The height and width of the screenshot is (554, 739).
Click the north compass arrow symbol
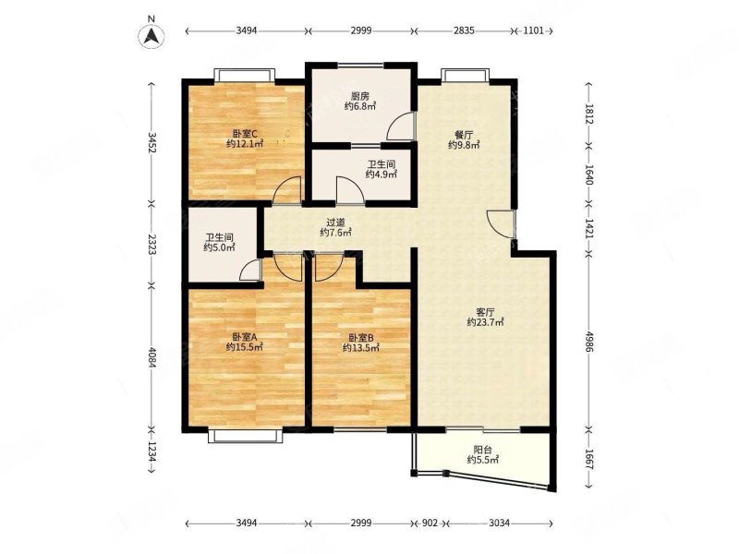click(x=151, y=36)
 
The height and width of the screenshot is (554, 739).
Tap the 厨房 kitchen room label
click(x=360, y=97)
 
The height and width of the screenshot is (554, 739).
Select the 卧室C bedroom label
click(x=244, y=134)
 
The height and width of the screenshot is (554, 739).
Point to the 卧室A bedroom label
click(x=244, y=337)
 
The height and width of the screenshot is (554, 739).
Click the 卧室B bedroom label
click(x=361, y=338)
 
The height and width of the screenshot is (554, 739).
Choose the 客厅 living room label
click(x=486, y=312)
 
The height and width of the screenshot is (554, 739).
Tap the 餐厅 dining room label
click(x=464, y=135)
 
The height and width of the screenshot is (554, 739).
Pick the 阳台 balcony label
click(x=482, y=450)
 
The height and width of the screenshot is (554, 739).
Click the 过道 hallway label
click(x=335, y=223)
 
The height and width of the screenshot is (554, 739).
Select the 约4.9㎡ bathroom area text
click(x=382, y=175)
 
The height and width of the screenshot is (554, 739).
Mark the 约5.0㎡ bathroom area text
click(x=220, y=247)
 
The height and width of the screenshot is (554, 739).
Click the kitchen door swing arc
click(x=400, y=126)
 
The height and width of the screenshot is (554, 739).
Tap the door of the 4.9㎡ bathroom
click(x=350, y=190)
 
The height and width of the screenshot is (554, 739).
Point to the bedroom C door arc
click(x=287, y=190)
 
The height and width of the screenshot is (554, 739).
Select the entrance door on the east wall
click(x=501, y=223)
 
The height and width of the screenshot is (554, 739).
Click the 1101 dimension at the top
click(x=533, y=31)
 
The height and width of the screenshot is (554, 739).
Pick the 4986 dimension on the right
click(x=589, y=341)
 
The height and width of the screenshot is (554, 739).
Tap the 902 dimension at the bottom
click(x=430, y=523)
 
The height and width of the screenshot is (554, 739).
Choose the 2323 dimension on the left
click(x=151, y=244)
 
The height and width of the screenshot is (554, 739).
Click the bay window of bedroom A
click(x=245, y=436)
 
